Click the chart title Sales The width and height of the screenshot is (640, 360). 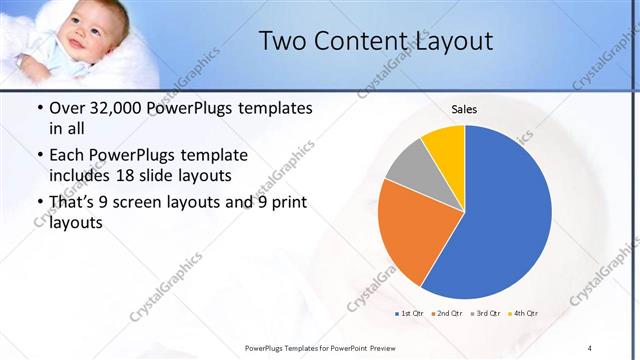(x=464, y=108)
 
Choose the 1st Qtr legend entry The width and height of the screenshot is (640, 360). (x=410, y=314)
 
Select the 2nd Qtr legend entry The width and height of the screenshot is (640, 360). (x=447, y=314)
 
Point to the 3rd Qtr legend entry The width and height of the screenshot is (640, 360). (x=485, y=314)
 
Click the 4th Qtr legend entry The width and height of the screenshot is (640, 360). (x=524, y=314)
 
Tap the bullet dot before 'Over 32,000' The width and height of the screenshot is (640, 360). (x=38, y=108)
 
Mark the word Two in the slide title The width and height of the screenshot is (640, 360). (x=283, y=41)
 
